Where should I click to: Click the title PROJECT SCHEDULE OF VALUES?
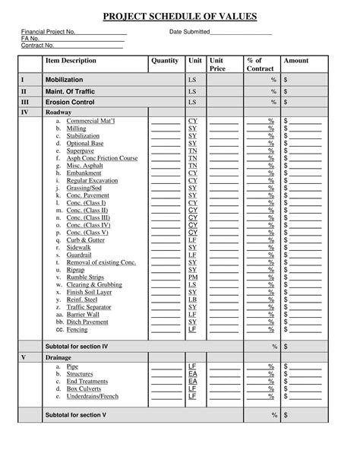coord(180,16)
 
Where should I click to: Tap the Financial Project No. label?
coord(48,32)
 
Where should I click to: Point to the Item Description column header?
coord(71,61)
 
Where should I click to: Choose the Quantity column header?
coord(165,61)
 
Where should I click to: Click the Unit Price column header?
coord(217,65)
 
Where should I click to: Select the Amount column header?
coord(296,61)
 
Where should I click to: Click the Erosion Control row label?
coord(70,102)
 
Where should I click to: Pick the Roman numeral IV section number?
coord(25,112)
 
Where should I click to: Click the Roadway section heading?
coord(58,112)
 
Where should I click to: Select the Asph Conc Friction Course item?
coord(102,158)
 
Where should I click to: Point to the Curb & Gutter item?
coord(85,239)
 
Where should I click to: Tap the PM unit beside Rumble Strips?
coord(192,277)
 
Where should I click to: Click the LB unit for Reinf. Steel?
coord(192,300)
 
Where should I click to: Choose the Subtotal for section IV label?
coord(76,346)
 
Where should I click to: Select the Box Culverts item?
coord(84,388)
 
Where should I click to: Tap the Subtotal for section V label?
coord(75,415)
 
